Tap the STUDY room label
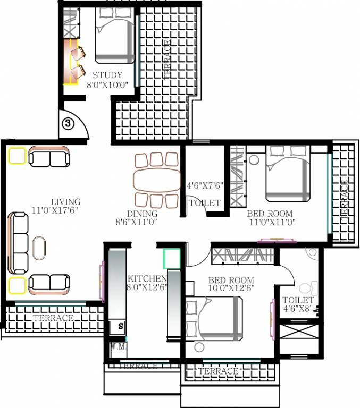[107, 75]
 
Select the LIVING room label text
[65, 202]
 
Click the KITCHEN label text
[147, 279]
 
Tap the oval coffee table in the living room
[39, 248]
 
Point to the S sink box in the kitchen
[121, 325]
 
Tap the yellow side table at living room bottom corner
[17, 285]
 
